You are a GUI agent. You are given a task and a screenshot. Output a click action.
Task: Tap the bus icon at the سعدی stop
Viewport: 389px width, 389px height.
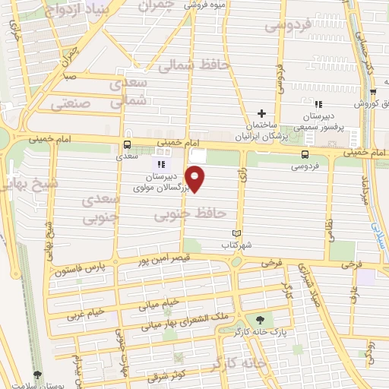pos(126,144)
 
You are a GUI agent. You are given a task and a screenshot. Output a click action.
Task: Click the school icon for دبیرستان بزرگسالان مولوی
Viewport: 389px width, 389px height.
pos(160,163)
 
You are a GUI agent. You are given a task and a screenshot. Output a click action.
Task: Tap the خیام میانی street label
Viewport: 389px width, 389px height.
pos(159,302)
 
